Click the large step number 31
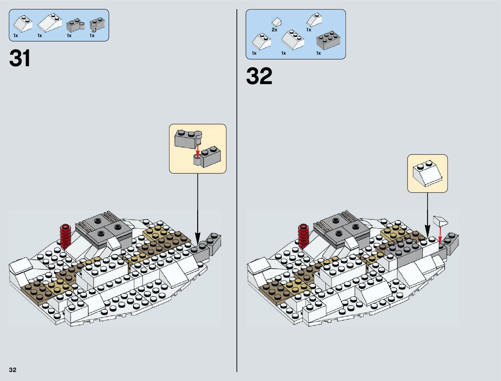(20, 58)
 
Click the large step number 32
(259, 76)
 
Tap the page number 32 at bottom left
(12, 370)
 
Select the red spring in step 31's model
(66, 237)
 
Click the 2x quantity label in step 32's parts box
(274, 30)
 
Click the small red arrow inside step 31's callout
(198, 151)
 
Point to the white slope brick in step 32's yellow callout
(427, 174)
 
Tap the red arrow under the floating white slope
(440, 235)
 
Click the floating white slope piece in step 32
(440, 221)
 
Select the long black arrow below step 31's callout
(198, 208)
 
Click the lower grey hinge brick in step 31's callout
(208, 157)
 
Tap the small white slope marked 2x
(276, 22)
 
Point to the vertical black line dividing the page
(237, 192)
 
